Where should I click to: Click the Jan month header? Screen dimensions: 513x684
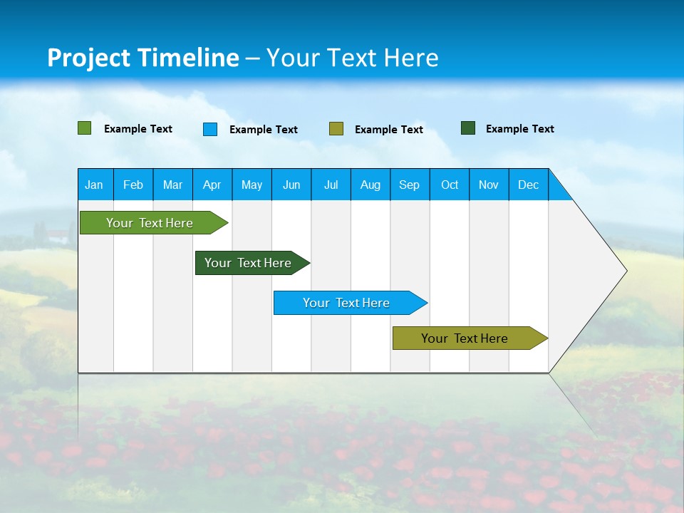pos(94,185)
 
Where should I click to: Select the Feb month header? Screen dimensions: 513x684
pos(133,185)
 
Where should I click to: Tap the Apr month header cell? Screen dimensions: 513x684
pos(212,185)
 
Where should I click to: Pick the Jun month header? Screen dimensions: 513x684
pos(291,185)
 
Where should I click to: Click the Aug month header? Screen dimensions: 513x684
pos(370,185)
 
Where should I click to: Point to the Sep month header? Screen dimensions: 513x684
pos(409,185)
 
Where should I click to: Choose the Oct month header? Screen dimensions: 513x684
pos(450,185)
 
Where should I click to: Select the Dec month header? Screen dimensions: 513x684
pos(528,185)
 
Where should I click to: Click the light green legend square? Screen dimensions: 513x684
pos(85,128)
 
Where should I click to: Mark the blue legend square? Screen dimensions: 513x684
pos(210,129)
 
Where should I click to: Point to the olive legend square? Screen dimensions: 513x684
pos(336,129)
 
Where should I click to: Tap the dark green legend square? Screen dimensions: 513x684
pos(468,128)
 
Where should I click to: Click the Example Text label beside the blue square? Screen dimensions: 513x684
pos(264,130)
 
